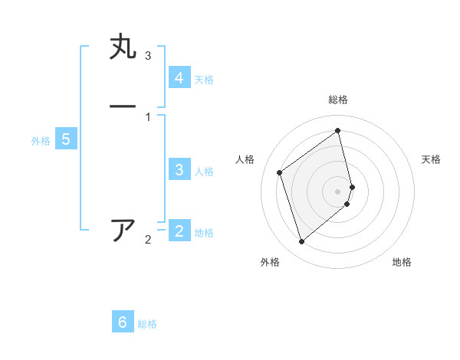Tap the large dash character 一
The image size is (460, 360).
[x=123, y=106]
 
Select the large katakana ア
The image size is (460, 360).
[x=123, y=230]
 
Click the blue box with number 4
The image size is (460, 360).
[x=179, y=78]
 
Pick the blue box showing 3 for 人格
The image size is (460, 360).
[x=179, y=170]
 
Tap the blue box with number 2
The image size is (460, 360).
[x=179, y=231]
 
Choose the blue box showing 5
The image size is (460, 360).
[x=66, y=139]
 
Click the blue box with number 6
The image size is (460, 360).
[x=123, y=322]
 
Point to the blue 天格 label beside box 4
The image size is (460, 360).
[x=204, y=80]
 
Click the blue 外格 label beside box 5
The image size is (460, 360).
[x=41, y=141]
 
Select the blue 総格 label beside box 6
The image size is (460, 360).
[x=147, y=324]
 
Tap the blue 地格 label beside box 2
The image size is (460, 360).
[x=204, y=233]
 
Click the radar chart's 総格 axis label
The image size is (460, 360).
[x=338, y=100]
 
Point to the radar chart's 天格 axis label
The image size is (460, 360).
[x=431, y=159]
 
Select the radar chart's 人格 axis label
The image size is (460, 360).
[x=245, y=159]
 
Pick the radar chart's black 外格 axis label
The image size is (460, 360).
[x=270, y=262]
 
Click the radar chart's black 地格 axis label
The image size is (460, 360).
[x=402, y=262]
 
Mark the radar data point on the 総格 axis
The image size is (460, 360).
[x=338, y=130]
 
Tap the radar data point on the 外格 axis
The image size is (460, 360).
[x=301, y=242]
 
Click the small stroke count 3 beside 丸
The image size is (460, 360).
[x=148, y=56]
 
